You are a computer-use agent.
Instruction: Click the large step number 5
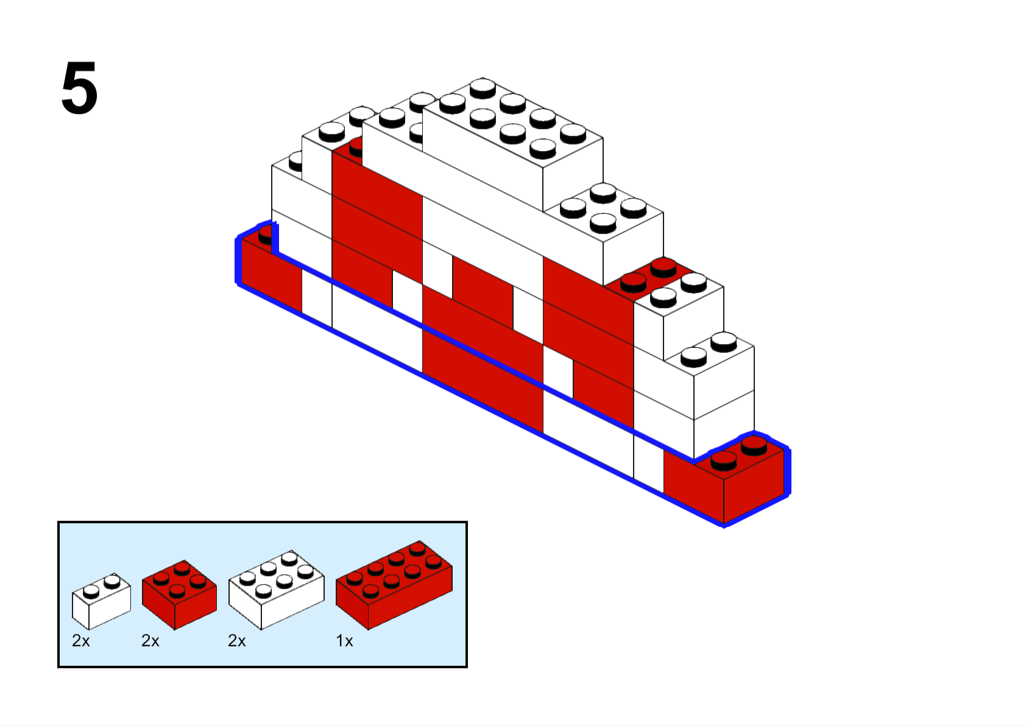(x=79, y=88)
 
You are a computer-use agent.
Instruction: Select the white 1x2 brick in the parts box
(x=101, y=601)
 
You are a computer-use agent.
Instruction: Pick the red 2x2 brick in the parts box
(x=179, y=594)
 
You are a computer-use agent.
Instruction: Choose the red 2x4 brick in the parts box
(x=394, y=585)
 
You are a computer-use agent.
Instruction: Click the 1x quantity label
(x=344, y=641)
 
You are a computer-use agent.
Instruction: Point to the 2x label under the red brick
(x=150, y=641)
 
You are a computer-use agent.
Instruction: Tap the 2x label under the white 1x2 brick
(x=80, y=641)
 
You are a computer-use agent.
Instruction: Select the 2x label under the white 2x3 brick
(x=237, y=641)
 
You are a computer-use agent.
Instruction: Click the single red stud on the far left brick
(x=265, y=236)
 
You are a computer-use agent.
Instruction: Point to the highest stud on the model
(x=483, y=88)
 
